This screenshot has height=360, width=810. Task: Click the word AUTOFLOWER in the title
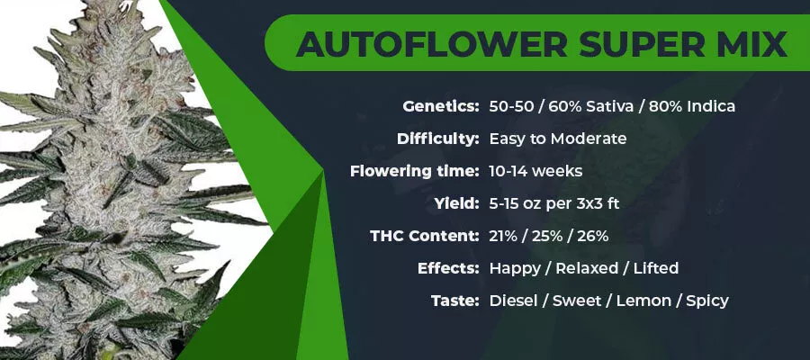point(431,44)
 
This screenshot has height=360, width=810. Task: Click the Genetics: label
point(441,107)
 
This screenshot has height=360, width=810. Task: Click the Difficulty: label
point(438,139)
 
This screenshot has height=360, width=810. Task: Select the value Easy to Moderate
point(558,139)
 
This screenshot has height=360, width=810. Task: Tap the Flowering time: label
point(414,171)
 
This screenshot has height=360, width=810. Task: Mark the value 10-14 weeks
point(535,172)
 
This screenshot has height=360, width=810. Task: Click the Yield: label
point(456,203)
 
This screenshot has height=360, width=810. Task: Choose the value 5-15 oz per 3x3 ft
point(554,204)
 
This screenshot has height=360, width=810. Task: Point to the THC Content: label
point(425,236)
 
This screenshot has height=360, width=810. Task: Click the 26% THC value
point(594,236)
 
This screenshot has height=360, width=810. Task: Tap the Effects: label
point(448,268)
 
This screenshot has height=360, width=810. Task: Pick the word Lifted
point(656,268)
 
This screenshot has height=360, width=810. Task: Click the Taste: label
point(455,301)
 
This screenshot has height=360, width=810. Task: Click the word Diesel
point(514,301)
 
